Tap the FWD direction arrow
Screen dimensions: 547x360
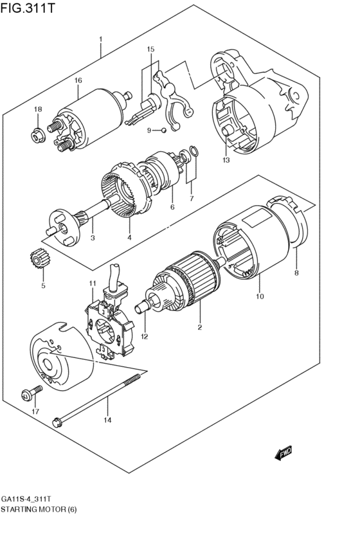click(x=283, y=454)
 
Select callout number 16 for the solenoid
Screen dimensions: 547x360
click(x=78, y=80)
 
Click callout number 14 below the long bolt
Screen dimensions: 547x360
click(x=108, y=420)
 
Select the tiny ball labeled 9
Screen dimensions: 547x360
click(x=163, y=130)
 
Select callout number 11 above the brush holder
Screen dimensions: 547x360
click(x=92, y=283)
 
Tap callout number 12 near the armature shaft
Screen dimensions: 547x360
click(x=145, y=336)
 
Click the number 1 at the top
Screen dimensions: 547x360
click(x=101, y=40)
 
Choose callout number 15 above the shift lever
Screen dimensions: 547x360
click(x=151, y=49)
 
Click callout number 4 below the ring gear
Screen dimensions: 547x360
click(x=129, y=238)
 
